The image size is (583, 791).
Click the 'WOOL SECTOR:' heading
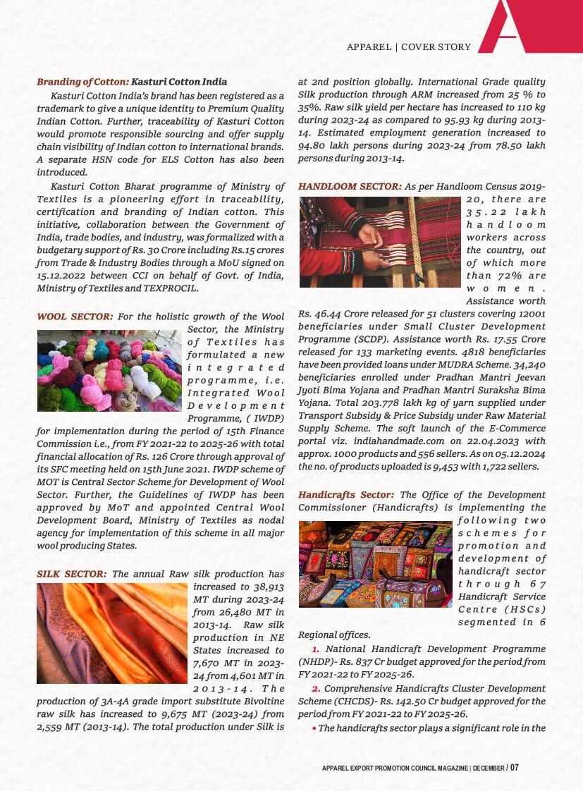(x=75, y=317)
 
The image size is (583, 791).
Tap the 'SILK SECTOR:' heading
(x=72, y=574)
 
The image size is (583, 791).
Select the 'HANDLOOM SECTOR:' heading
(x=350, y=187)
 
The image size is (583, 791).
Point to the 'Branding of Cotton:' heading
(x=82, y=82)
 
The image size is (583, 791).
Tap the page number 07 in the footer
(x=515, y=767)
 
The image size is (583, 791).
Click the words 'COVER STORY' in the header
(x=436, y=47)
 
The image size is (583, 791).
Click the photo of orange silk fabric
(x=112, y=633)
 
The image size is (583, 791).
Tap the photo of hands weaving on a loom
(x=380, y=242)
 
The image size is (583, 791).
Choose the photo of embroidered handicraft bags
(x=375, y=564)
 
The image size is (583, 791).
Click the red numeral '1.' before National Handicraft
(x=316, y=649)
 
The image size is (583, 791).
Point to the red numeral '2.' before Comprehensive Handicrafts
(x=316, y=688)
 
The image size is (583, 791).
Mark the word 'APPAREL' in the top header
(x=369, y=47)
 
